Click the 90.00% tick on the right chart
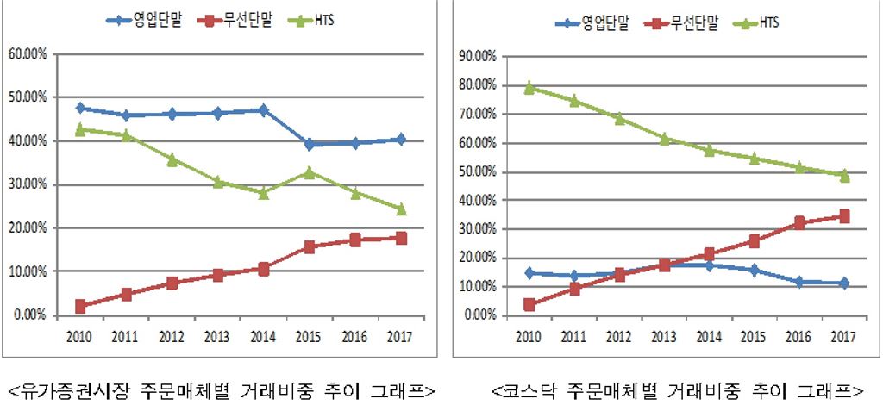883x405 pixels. click(478, 56)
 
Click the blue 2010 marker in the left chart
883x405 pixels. click(80, 108)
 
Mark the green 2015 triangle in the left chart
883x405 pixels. click(310, 171)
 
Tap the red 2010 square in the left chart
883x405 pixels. click(80, 306)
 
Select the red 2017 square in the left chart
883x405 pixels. click(401, 238)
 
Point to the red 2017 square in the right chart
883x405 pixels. click(844, 216)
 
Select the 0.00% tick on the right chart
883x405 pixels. click(480, 315)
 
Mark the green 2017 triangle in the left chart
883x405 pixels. click(401, 209)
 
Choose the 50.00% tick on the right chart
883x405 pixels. click(478, 171)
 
